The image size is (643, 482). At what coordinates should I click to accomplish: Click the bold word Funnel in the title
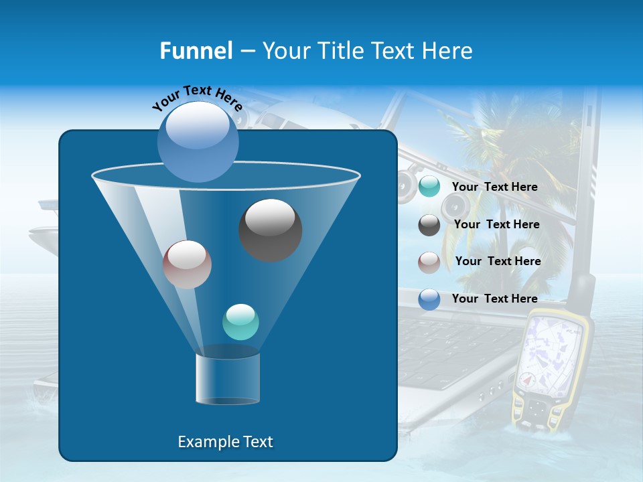click(x=196, y=51)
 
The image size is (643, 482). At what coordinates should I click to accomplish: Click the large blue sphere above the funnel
click(x=198, y=141)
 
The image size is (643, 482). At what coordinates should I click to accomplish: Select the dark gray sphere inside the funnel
click(x=270, y=230)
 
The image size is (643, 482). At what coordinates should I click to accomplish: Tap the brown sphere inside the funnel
click(x=187, y=264)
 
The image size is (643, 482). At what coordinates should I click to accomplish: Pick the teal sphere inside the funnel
click(x=240, y=322)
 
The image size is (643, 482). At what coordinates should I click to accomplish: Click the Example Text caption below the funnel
click(x=225, y=442)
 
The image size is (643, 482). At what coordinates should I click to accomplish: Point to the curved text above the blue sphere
click(x=197, y=98)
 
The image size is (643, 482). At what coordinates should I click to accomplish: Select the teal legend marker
click(x=429, y=187)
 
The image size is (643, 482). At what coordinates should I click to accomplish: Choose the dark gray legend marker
click(x=429, y=225)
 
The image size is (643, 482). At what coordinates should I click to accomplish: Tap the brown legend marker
click(x=429, y=262)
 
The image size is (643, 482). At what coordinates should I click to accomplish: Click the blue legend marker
click(x=429, y=299)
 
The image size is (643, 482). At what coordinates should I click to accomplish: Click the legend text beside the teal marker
click(x=494, y=187)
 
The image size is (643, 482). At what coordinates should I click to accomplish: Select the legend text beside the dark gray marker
click(x=496, y=224)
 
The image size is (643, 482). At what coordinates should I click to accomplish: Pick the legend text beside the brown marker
click(x=498, y=261)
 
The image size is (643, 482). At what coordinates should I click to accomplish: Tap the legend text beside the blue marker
click(x=494, y=299)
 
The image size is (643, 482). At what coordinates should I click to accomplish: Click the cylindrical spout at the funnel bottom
click(x=227, y=378)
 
